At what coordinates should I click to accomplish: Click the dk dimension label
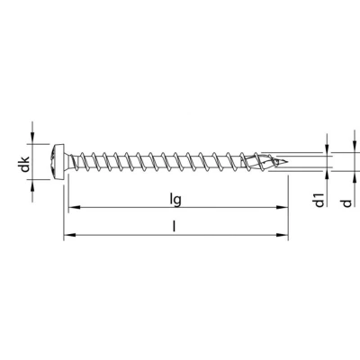[x=25, y=164]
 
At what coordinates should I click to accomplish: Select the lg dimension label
[x=175, y=200]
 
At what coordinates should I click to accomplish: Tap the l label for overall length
[x=174, y=227]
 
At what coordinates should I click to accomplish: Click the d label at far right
[x=346, y=203]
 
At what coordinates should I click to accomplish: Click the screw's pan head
[x=58, y=162]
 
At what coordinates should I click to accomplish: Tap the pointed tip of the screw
[x=287, y=162]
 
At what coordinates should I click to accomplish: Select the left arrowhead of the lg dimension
[x=74, y=207]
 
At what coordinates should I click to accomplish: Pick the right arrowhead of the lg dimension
[x=282, y=207]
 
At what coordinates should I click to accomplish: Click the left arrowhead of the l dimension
[x=69, y=235]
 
